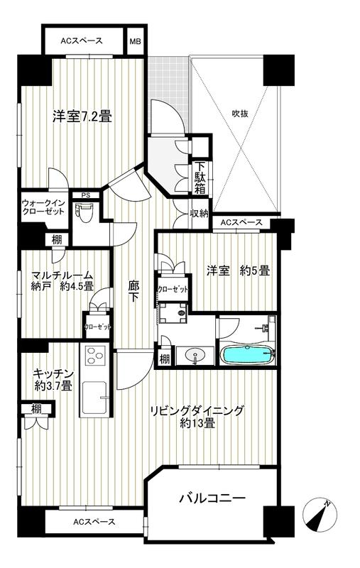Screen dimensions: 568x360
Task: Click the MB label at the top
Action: pyautogui.click(x=135, y=40)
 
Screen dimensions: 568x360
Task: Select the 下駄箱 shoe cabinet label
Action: pyautogui.click(x=200, y=180)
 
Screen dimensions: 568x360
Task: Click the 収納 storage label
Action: pyautogui.click(x=199, y=214)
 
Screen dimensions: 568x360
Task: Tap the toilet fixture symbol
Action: pyautogui.click(x=86, y=212)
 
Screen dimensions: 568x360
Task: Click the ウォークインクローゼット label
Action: pyautogui.click(x=43, y=208)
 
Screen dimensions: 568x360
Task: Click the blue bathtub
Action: pyautogui.click(x=246, y=354)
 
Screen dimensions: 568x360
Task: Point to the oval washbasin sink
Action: pyautogui.click(x=193, y=355)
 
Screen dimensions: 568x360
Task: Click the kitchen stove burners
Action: pyautogui.click(x=94, y=356)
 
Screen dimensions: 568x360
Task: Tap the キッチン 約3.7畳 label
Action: pyautogui.click(x=51, y=380)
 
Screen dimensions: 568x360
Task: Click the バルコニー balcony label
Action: pyautogui.click(x=211, y=498)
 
